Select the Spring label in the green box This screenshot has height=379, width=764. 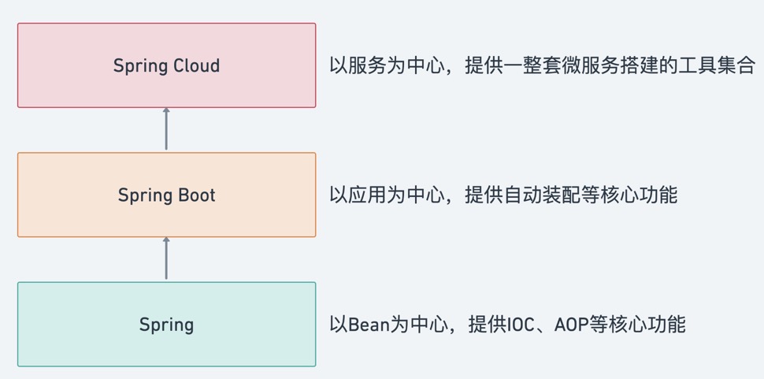(166, 324)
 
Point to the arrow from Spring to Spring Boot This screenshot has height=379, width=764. (166, 258)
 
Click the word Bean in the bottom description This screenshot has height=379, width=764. (369, 324)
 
